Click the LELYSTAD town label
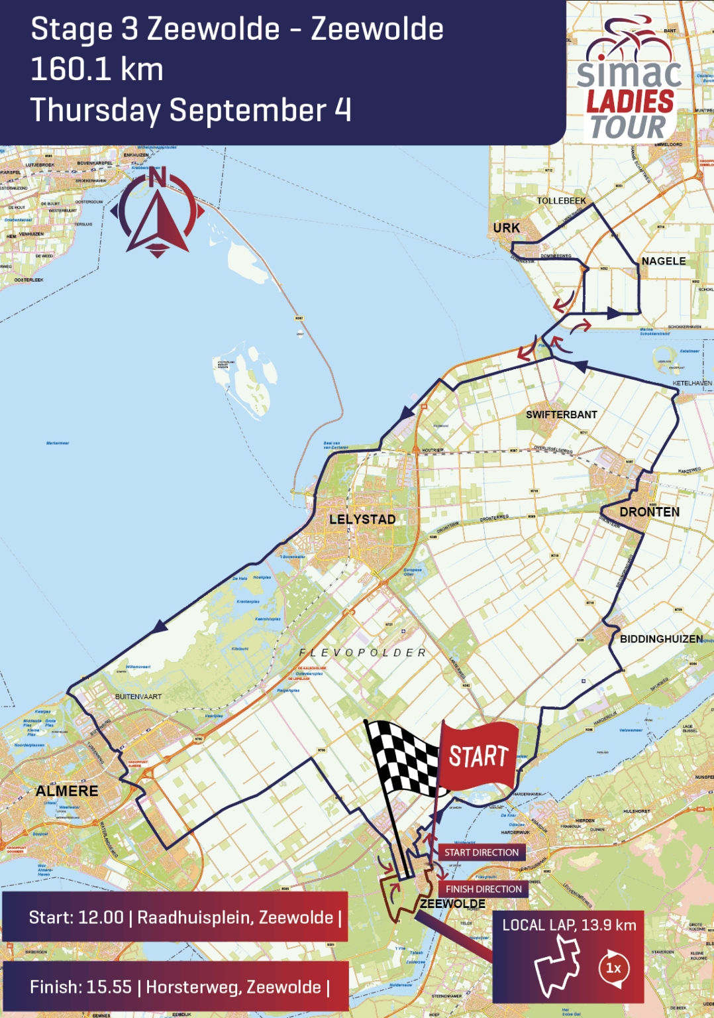[362, 520]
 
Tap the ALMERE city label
[67, 791]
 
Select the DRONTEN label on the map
[649, 512]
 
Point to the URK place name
[507, 228]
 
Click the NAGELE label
[664, 261]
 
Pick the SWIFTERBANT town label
[562, 415]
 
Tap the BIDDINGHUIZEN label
[661, 639]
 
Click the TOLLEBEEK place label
[561, 201]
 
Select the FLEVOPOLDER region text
[363, 653]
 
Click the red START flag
[478, 756]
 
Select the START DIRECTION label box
[482, 852]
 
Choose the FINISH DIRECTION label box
[484, 889]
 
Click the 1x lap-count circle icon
[613, 968]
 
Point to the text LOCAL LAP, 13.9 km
[569, 925]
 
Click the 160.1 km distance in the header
[97, 70]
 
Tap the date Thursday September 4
[191, 110]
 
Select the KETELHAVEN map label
[692, 383]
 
